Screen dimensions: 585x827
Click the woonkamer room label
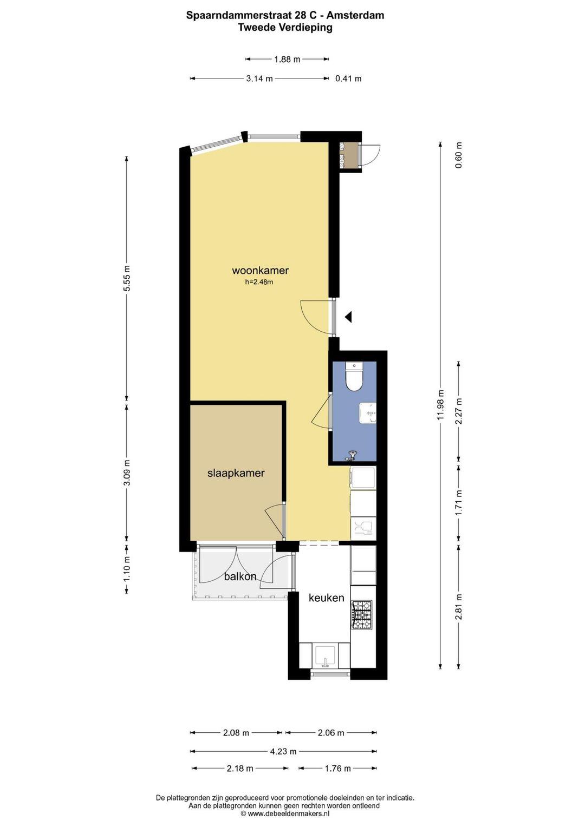260,270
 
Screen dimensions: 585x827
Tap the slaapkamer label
236,473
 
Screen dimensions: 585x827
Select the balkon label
240,576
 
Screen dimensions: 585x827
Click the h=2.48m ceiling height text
259,283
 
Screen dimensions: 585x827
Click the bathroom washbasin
368,413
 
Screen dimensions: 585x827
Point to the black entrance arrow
348,317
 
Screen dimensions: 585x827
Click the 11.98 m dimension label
440,405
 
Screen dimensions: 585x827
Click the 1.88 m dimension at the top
287,59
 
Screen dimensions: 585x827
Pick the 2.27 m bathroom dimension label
459,411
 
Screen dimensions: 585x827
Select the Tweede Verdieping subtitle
285,28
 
